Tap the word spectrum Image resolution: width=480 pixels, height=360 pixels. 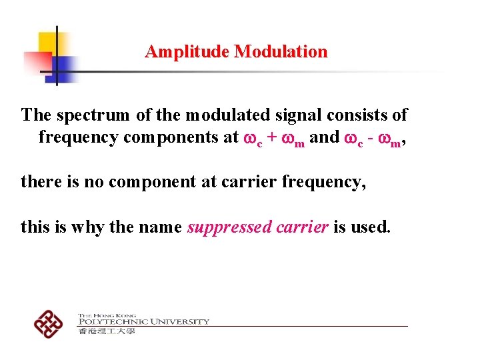point(94,115)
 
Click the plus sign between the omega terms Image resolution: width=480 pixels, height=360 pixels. point(273,138)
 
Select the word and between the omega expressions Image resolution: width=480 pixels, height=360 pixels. point(324,137)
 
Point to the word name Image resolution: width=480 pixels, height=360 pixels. point(160,227)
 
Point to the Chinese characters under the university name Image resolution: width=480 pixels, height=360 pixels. point(107,331)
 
